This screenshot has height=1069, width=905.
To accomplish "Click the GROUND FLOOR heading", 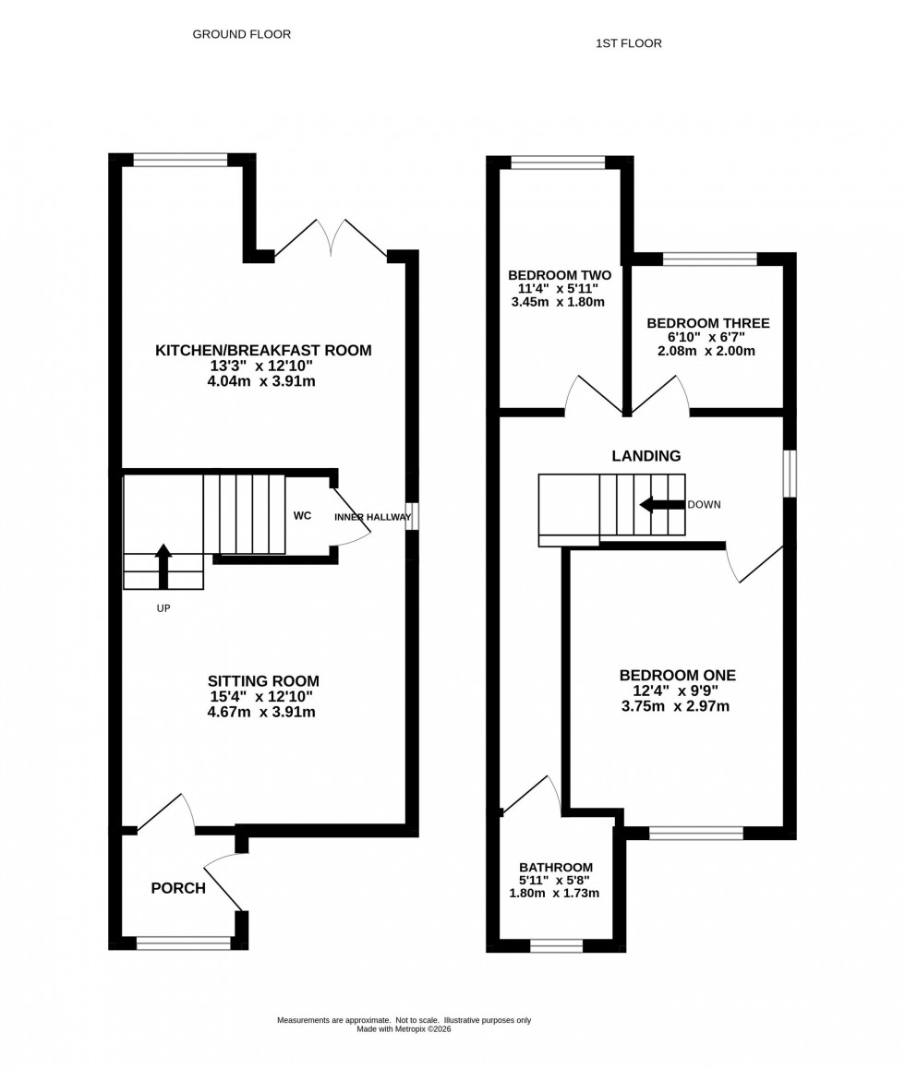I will click(x=241, y=34).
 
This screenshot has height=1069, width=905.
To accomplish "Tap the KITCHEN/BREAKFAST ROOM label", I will click(x=263, y=350).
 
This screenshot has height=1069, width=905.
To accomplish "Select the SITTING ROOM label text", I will click(x=263, y=681).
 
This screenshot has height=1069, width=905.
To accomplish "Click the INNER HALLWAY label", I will click(x=372, y=517).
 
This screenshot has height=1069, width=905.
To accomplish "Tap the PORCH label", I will click(x=178, y=888).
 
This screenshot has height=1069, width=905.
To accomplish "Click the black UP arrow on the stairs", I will click(x=163, y=565).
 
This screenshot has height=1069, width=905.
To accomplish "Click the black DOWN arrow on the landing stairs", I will click(x=661, y=505).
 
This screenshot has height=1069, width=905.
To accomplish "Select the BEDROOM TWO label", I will click(x=560, y=275).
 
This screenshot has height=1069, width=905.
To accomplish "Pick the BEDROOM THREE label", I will click(x=707, y=323).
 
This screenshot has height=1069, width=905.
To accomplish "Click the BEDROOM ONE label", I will click(x=677, y=675).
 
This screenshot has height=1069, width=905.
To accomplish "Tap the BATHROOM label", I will click(x=555, y=867).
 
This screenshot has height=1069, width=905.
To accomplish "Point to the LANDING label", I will click(x=646, y=455).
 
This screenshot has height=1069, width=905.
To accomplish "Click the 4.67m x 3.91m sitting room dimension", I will click(x=263, y=713).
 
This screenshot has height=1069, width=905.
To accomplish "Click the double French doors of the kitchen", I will click(x=331, y=238).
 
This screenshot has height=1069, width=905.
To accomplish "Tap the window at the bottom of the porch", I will click(x=183, y=943).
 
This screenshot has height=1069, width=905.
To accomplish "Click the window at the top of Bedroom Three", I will click(x=709, y=259).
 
